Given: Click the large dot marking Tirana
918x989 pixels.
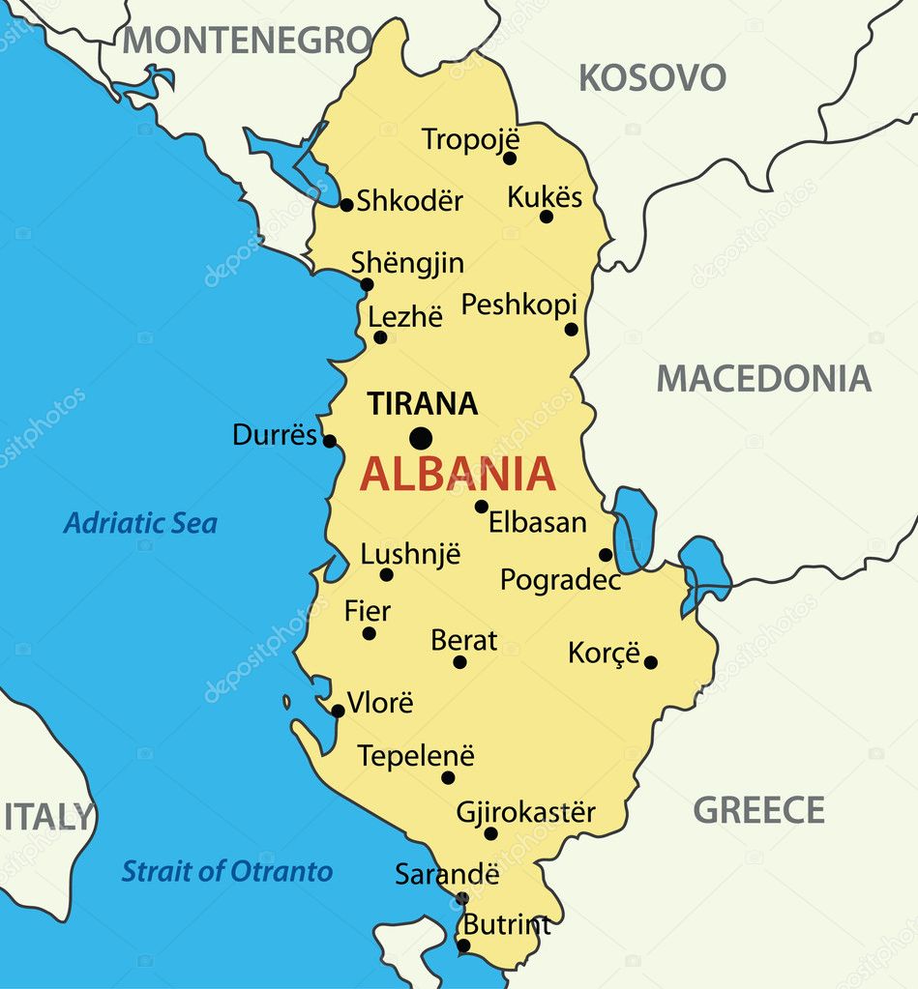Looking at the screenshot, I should pyautogui.click(x=420, y=439).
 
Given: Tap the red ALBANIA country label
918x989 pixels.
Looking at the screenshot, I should pyautogui.click(x=459, y=474).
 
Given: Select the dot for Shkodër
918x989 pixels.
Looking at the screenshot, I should pyautogui.click(x=346, y=204).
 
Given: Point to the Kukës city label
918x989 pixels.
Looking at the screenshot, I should pyautogui.click(x=545, y=197).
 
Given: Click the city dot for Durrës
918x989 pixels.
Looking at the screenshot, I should pyautogui.click(x=329, y=441).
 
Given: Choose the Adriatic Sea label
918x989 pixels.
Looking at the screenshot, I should pyautogui.click(x=140, y=523).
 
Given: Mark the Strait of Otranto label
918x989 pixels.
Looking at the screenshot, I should pyautogui.click(x=226, y=871).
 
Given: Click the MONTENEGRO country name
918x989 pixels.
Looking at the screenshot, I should pyautogui.click(x=247, y=41).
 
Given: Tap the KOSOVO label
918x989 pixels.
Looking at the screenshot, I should pyautogui.click(x=652, y=77).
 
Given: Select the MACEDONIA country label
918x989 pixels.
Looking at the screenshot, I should pyautogui.click(x=763, y=378).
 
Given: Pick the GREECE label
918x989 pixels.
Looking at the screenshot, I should pyautogui.click(x=758, y=810).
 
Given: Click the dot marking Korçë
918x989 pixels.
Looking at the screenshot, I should pyautogui.click(x=651, y=662).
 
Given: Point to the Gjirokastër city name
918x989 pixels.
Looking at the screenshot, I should pyautogui.click(x=525, y=812).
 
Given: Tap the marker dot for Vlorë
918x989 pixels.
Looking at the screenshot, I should pyautogui.click(x=338, y=711).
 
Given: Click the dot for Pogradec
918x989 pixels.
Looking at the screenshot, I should pyautogui.click(x=606, y=555).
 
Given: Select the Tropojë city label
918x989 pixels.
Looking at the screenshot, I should pyautogui.click(x=470, y=139).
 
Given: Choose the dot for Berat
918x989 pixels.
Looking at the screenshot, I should pyautogui.click(x=459, y=662).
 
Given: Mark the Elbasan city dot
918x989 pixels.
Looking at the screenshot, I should pyautogui.click(x=481, y=507).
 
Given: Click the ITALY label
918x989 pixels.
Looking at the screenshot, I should pyautogui.click(x=48, y=817).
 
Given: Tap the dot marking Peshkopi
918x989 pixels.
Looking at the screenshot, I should pyautogui.click(x=571, y=330).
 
